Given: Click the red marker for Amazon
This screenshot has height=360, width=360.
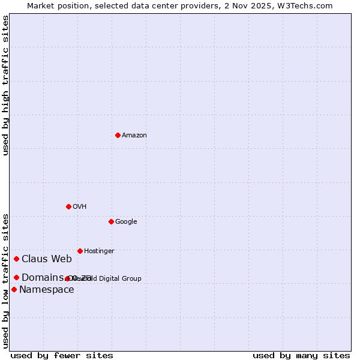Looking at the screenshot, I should point(118,135).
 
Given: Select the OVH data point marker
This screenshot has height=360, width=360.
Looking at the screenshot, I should point(68,206).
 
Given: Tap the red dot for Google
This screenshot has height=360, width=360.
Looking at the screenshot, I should point(111,221).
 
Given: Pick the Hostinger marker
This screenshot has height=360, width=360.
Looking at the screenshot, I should point(80,251).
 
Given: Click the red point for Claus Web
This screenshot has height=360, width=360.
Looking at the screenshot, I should point(16,259).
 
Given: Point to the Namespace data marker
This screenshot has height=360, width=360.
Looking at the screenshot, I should point(14,289).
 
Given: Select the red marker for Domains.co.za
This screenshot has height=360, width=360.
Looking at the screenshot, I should point(16,277).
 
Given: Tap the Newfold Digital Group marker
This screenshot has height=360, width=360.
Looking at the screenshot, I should point(67,278).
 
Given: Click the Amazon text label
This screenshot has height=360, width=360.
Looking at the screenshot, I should point(134,136).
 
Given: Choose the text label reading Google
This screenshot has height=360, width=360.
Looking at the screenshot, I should point(126,222).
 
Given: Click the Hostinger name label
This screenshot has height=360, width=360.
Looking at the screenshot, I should point(99,251).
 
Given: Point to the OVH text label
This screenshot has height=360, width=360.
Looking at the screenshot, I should point(80,207).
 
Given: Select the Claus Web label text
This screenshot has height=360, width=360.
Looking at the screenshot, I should point(47,259).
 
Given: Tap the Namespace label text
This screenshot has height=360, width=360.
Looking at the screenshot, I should point(47,290).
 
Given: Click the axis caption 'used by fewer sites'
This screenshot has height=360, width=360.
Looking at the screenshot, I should point(62,355).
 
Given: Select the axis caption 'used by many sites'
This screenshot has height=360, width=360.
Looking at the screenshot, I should point(301,355).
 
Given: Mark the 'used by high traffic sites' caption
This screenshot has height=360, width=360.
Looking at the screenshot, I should point(5,85).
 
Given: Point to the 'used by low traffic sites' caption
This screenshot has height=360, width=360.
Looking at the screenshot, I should point(5,280).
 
